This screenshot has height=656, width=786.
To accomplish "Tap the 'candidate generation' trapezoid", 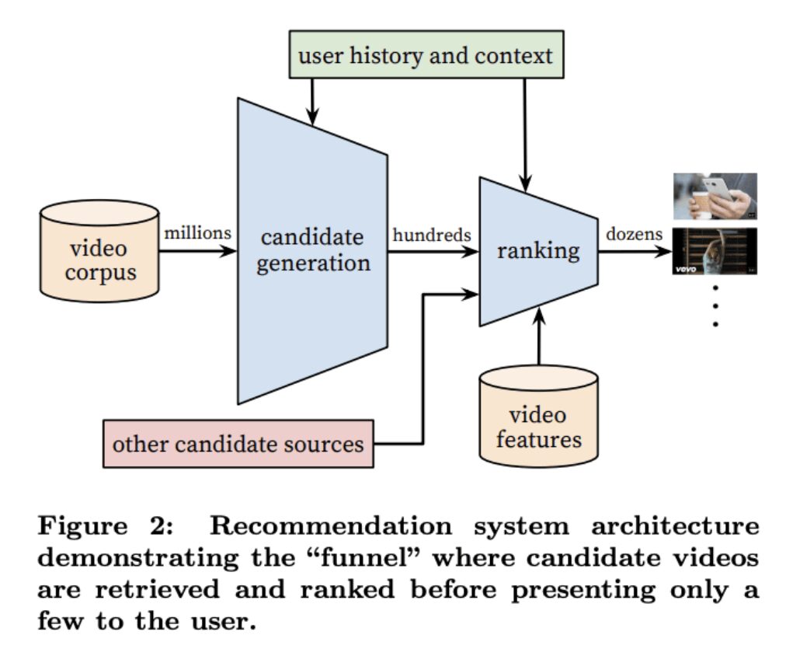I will [313, 250].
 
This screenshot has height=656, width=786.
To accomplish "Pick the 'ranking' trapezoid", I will [538, 251].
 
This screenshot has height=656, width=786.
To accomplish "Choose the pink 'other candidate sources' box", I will [238, 444].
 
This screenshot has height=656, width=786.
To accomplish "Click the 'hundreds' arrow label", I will [432, 233].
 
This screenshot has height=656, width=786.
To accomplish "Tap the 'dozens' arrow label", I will [634, 233].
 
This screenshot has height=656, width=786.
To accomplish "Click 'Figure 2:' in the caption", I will [102, 526].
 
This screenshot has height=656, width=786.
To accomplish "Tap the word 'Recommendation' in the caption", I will [331, 526].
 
